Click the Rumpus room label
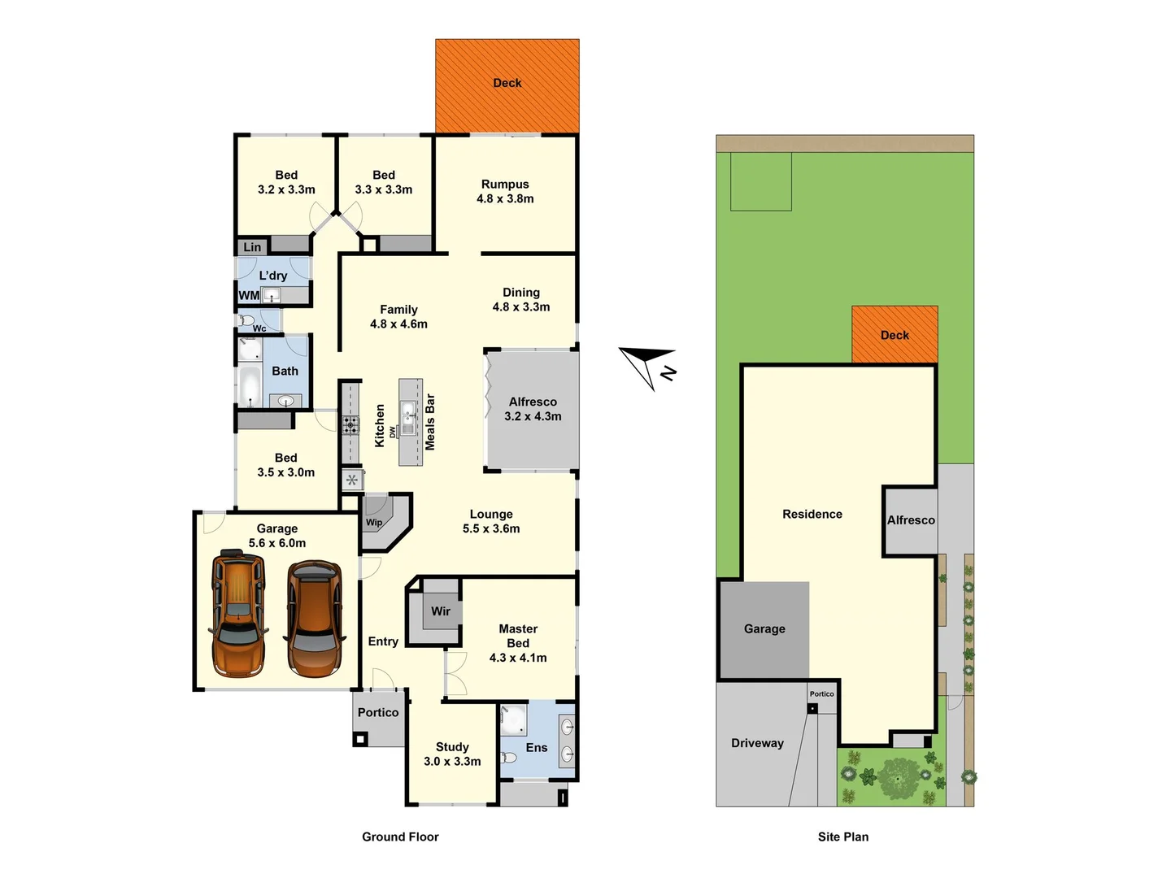coord(505,185)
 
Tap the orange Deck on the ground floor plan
coord(507,85)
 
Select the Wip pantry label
coord(374,523)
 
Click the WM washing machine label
coord(249,295)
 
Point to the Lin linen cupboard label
coord(253,247)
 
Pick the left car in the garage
coord(237,614)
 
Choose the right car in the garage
coord(314,618)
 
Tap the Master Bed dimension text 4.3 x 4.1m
coord(518,658)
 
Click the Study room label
coord(452,747)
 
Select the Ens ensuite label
coord(537,748)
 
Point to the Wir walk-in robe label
coord(441,611)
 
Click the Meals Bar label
coord(430,422)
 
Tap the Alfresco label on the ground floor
coord(533,402)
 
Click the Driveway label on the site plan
coord(757,743)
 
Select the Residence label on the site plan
coord(812,514)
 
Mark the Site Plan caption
coord(843,837)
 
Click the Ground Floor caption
coord(400,837)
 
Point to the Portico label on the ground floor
coord(378,712)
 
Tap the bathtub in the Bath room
coord(250,386)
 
